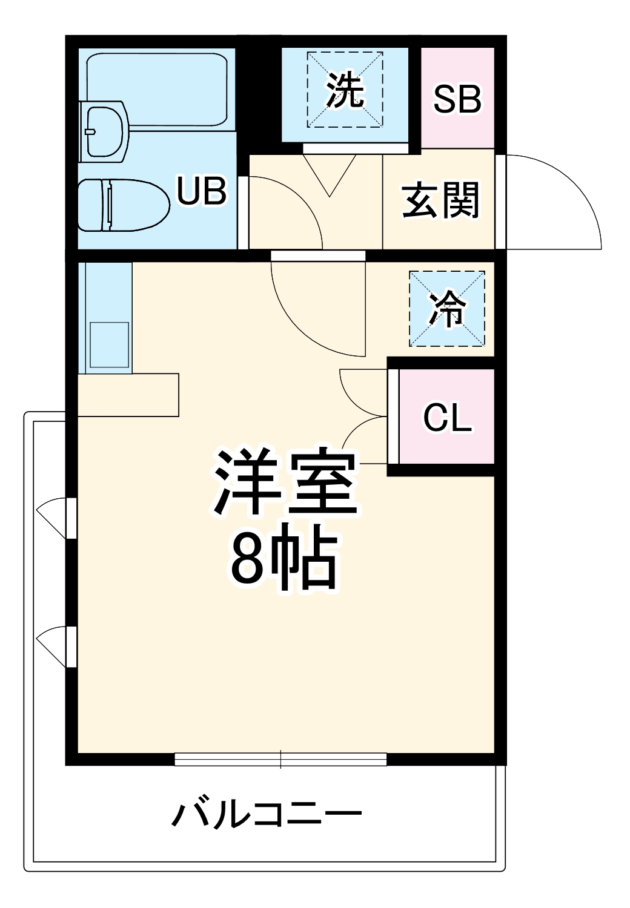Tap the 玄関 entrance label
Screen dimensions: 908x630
(440, 200)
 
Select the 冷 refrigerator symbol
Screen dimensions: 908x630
(447, 309)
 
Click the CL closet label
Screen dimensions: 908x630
(447, 417)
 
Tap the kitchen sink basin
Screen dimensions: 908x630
(109, 344)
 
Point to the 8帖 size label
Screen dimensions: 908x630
(283, 560)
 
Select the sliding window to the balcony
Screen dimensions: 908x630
(280, 758)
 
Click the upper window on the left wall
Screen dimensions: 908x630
(70, 518)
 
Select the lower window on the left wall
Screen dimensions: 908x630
(70, 646)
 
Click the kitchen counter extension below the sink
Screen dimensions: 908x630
(128, 395)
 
